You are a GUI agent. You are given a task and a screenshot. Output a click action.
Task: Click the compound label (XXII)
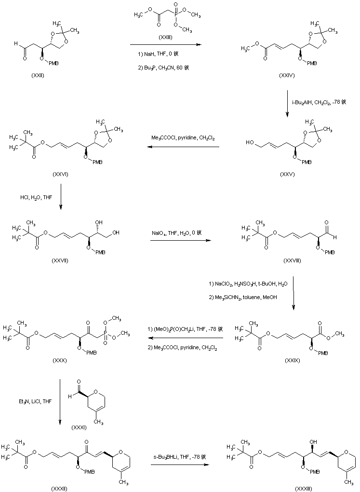[37, 80]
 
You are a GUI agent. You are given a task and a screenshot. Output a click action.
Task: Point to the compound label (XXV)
[287, 174]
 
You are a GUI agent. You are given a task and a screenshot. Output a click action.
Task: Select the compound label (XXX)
[58, 360]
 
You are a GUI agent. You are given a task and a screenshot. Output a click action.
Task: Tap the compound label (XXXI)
[79, 427]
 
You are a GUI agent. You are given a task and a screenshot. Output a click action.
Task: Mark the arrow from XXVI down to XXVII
[60, 198]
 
